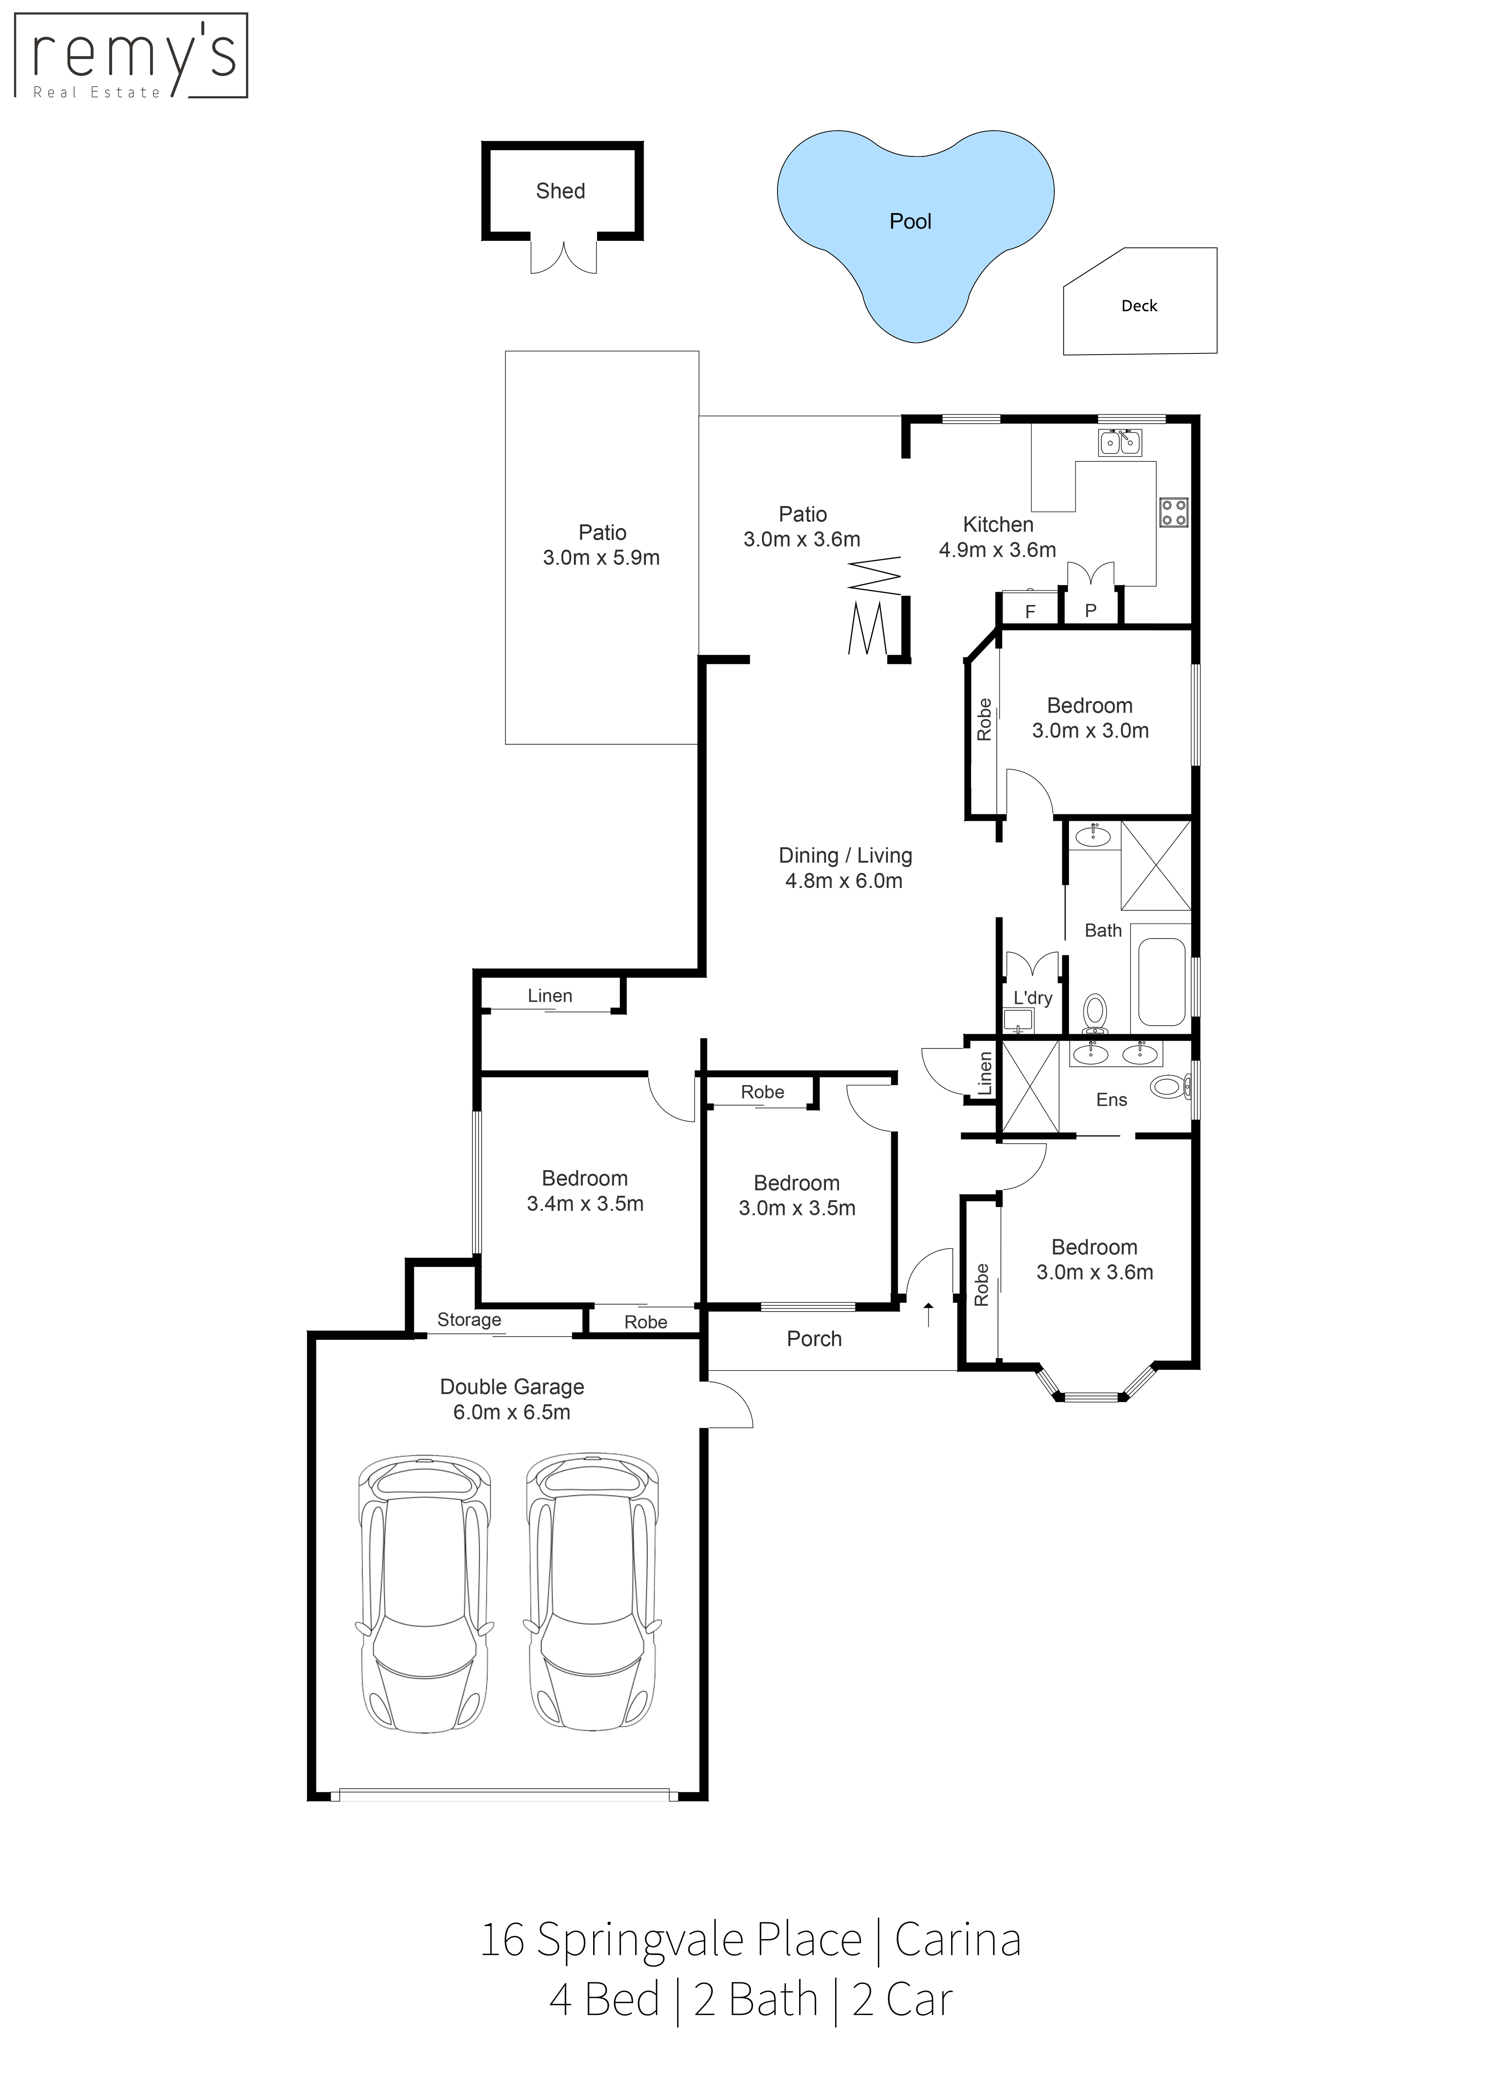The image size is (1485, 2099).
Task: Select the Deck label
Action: tap(1139, 306)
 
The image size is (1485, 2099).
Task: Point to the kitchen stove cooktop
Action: tap(1174, 512)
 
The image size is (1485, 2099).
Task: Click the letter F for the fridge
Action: tap(1031, 612)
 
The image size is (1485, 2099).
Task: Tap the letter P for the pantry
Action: tap(1091, 611)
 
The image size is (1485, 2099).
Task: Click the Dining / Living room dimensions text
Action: tap(844, 881)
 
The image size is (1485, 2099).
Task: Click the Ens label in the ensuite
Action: tap(1112, 1100)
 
